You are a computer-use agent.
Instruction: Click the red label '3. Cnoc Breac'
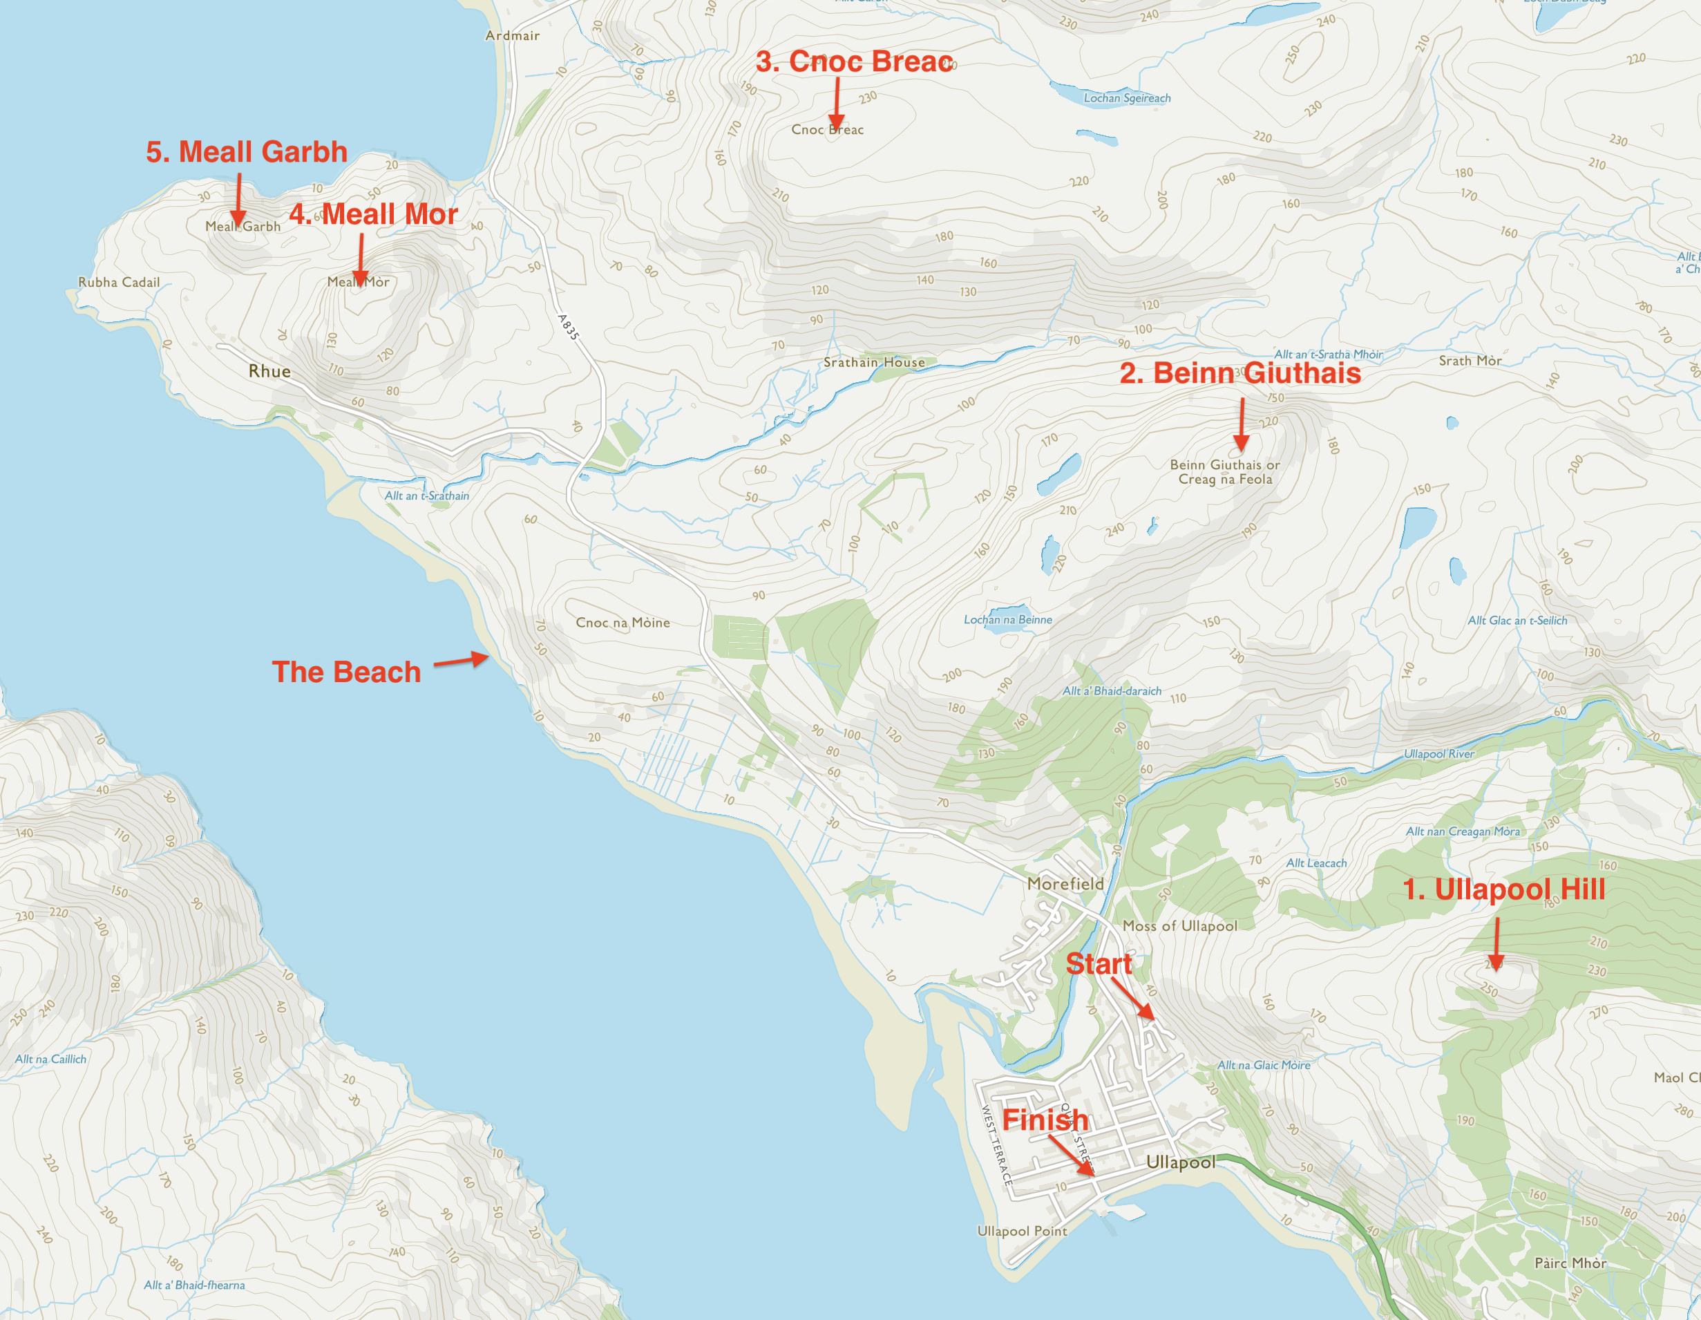pos(855,62)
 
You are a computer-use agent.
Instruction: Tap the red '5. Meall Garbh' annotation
pos(247,152)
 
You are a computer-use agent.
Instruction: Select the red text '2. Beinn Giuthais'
pos(1240,373)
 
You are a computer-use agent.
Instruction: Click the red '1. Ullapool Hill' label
pos(1503,889)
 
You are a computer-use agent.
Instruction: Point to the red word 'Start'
pos(1098,964)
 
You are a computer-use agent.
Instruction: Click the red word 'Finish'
pos(1045,1120)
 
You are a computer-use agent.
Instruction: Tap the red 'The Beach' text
pos(346,672)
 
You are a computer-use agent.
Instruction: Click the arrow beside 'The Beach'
pos(461,661)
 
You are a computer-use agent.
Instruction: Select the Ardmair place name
pos(512,35)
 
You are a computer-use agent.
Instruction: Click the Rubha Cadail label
pos(118,282)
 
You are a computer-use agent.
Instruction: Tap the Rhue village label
pos(269,371)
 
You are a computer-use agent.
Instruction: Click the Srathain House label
pos(874,362)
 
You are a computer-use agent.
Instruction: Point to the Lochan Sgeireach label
pos(1126,98)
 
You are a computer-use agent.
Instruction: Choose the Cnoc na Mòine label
pos(623,623)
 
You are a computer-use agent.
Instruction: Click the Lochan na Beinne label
pos(1007,619)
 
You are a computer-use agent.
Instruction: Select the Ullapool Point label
pos(1021,1231)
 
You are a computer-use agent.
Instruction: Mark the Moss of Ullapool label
pos(1179,925)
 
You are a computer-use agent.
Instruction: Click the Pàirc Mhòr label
pos(1570,1263)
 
